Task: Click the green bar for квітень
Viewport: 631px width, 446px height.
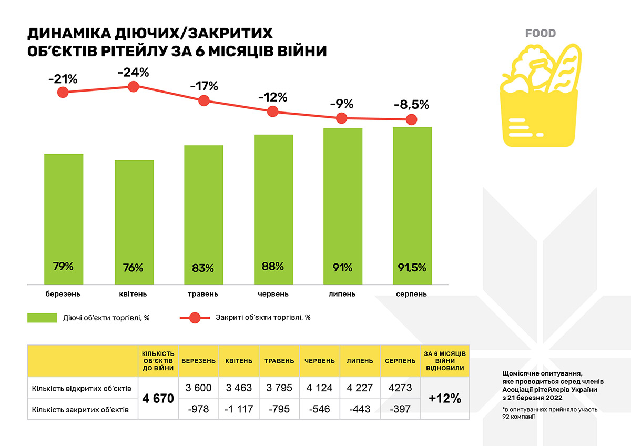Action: pyautogui.click(x=134, y=221)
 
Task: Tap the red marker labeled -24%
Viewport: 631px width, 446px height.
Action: pyautogui.click(x=133, y=87)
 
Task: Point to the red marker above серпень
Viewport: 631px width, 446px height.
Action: pyautogui.click(x=411, y=119)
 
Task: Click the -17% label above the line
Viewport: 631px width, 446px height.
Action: pyautogui.click(x=203, y=85)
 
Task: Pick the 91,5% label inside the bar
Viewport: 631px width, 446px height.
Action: pyautogui.click(x=412, y=267)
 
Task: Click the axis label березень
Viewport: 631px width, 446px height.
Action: pyautogui.click(x=63, y=293)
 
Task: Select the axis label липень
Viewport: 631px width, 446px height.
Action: pyautogui.click(x=342, y=293)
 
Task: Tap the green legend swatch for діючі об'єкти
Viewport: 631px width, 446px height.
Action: pyautogui.click(x=42, y=317)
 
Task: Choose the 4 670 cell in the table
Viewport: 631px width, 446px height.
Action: pyautogui.click(x=158, y=398)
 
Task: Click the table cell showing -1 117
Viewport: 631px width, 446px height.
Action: pyautogui.click(x=239, y=409)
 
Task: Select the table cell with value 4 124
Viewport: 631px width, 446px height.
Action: pyautogui.click(x=320, y=388)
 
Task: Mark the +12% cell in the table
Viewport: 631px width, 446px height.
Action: pyautogui.click(x=445, y=398)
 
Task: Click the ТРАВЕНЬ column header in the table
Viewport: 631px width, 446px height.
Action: pyautogui.click(x=279, y=361)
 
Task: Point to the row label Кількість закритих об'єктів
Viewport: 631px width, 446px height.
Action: pyautogui.click(x=80, y=409)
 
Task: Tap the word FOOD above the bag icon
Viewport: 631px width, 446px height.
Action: pyautogui.click(x=540, y=34)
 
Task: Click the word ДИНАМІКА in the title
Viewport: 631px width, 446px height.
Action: pyautogui.click(x=68, y=34)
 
